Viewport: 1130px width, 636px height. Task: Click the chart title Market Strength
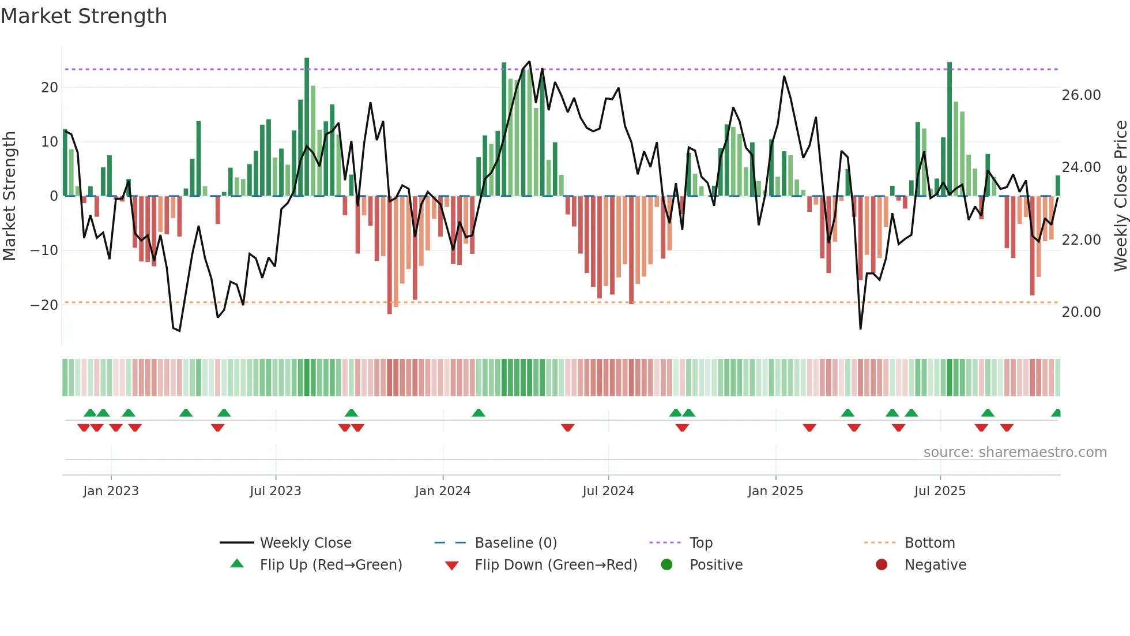pyautogui.click(x=84, y=16)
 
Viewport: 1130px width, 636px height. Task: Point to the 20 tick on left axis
pyautogui.click(x=50, y=88)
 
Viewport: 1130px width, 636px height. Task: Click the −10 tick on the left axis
pyautogui.click(x=44, y=250)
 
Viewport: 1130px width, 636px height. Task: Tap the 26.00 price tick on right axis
pyautogui.click(x=1081, y=95)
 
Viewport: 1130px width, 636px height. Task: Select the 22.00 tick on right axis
pyautogui.click(x=1081, y=240)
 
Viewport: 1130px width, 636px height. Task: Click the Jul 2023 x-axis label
pyautogui.click(x=275, y=491)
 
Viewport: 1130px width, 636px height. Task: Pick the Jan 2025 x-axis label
pyautogui.click(x=775, y=491)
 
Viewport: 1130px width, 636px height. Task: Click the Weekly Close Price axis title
pyautogui.click(x=1120, y=196)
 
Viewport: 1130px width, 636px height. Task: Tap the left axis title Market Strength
pyautogui.click(x=9, y=196)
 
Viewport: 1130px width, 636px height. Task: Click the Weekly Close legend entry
pyautogui.click(x=305, y=543)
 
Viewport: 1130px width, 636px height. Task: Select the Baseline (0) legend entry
pyautogui.click(x=515, y=543)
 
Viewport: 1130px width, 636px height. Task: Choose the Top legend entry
pyautogui.click(x=700, y=543)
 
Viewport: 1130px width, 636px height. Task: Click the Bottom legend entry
pyautogui.click(x=929, y=543)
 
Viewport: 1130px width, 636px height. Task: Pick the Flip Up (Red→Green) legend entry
pyautogui.click(x=330, y=565)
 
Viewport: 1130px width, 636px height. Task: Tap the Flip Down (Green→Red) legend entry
pyautogui.click(x=555, y=565)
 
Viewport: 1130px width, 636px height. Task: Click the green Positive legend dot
pyautogui.click(x=666, y=565)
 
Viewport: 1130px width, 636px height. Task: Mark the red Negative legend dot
pyautogui.click(x=882, y=565)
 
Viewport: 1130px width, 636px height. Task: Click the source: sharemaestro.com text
pyautogui.click(x=1015, y=452)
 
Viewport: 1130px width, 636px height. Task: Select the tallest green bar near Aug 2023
pyautogui.click(x=307, y=127)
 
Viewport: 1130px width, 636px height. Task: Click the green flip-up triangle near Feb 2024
pyautogui.click(x=479, y=413)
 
